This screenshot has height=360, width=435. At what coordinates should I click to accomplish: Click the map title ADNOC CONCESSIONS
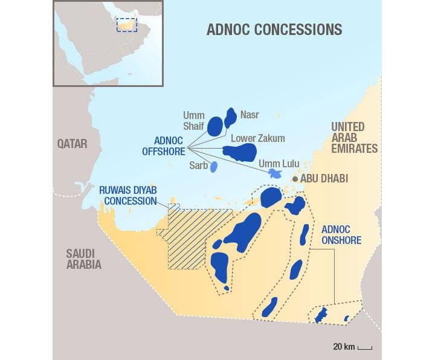274,29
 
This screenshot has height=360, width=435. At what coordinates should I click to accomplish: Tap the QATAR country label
72,144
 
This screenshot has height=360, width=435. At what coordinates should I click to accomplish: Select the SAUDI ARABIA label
83,259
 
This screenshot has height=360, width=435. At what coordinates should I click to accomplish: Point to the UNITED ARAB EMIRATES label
353,138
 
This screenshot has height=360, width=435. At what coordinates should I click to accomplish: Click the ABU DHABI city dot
295,179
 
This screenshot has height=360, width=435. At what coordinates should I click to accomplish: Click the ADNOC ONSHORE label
341,235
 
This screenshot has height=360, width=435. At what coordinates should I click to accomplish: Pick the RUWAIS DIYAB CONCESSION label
127,194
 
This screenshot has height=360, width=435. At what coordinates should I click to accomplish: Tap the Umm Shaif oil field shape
215,126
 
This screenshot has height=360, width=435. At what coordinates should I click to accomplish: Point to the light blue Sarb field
213,167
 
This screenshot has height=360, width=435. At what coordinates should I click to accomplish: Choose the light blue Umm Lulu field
275,173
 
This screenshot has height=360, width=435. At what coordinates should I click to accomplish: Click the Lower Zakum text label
258,138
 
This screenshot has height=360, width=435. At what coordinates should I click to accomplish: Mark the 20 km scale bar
364,347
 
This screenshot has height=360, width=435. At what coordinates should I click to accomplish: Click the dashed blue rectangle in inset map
127,24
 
